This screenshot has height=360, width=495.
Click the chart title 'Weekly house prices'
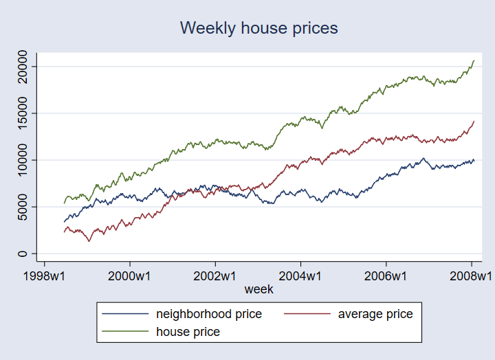click(x=258, y=28)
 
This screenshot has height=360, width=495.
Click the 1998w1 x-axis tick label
click(x=45, y=276)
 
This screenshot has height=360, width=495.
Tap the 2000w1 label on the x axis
click(x=131, y=276)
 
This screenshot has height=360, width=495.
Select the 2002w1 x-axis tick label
click(x=216, y=276)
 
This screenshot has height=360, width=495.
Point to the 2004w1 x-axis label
click(x=301, y=276)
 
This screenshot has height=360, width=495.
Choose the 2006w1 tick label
click(x=386, y=276)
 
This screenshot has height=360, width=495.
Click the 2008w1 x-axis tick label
click(x=471, y=276)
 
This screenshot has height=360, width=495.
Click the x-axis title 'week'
click(x=258, y=289)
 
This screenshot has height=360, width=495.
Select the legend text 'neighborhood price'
click(x=209, y=314)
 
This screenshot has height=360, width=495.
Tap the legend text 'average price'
click(x=375, y=314)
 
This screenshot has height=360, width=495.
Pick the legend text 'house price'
click(x=188, y=332)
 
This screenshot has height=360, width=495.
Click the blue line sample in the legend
click(x=125, y=314)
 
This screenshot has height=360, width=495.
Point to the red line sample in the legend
click(x=307, y=314)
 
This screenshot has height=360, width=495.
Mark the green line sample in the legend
click(x=125, y=332)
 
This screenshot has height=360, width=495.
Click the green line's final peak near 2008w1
click(x=474, y=60)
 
